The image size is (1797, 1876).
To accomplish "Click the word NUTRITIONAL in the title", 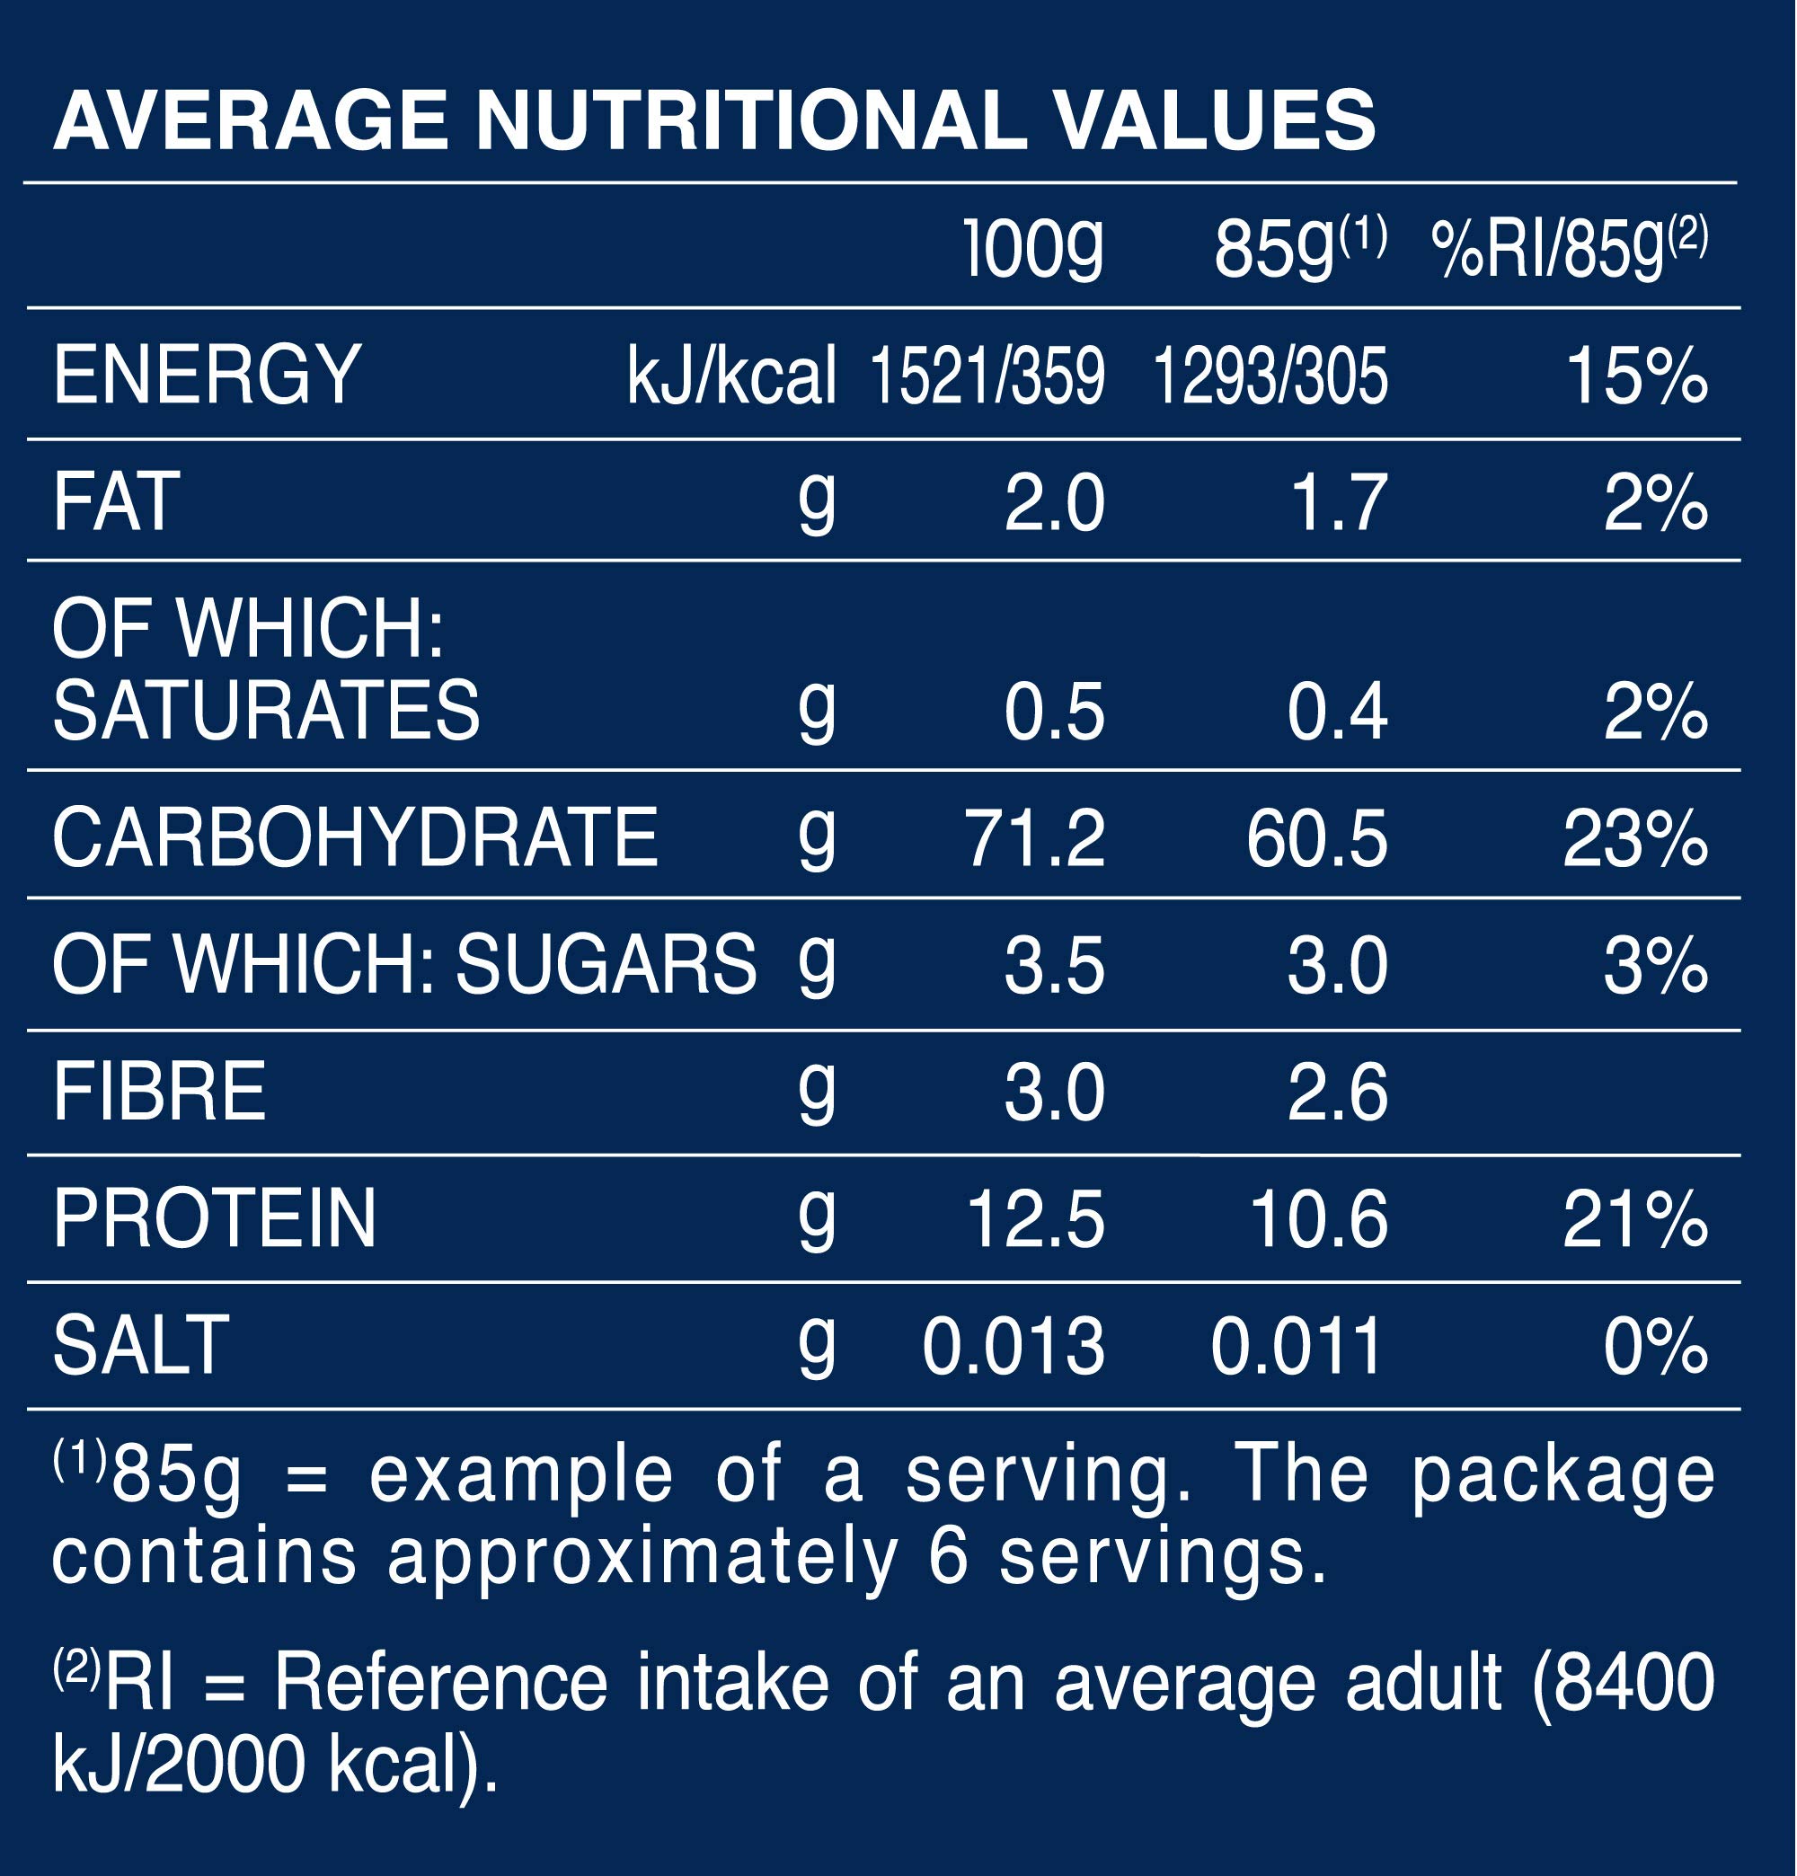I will tap(750, 121).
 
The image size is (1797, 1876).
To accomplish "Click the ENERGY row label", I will tap(207, 376).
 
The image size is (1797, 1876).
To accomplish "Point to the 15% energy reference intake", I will tap(1636, 376).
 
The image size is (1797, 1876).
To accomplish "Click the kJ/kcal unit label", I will tap(731, 376).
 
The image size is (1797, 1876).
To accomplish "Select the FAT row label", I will tap(115, 501).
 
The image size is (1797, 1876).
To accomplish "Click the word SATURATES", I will tap(265, 710).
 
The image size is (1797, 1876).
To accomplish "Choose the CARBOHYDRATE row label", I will tap(355, 837).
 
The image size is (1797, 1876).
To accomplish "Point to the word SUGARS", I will tap(606, 965).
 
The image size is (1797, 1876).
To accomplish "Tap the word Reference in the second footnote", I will tap(440, 1682).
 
